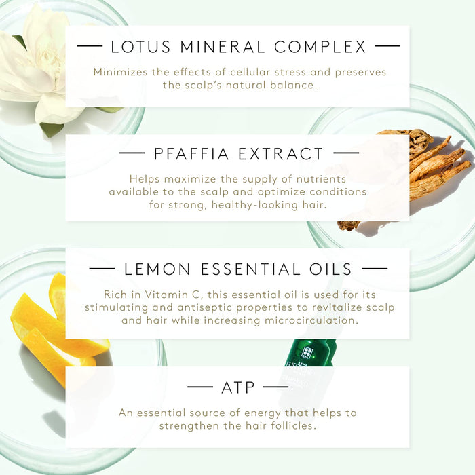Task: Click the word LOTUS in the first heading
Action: (140, 47)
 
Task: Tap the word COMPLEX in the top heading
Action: (320, 47)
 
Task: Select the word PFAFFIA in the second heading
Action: (191, 153)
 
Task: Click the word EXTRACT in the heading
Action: (280, 153)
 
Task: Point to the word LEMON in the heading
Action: (157, 269)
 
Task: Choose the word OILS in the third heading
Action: (330, 269)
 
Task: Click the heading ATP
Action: (238, 387)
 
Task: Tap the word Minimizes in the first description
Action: (120, 72)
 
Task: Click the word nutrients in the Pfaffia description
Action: (321, 179)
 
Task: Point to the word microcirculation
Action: (311, 320)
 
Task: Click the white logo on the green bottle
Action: (307, 353)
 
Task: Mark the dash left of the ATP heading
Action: (200, 387)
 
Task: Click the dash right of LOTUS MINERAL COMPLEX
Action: (387, 46)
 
